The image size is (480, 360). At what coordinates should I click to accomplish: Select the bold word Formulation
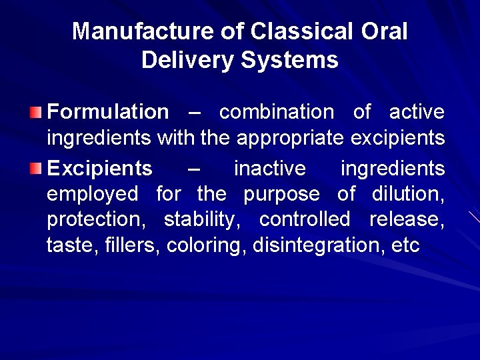coord(108,112)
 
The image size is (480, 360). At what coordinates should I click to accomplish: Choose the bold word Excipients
coord(99,169)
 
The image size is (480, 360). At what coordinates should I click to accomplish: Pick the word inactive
coord(269,169)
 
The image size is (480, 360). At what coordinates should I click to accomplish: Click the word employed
coord(93,195)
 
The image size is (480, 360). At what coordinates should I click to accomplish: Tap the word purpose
coord(281,195)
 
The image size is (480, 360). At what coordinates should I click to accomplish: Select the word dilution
coord(409,195)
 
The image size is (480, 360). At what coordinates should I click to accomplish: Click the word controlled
coord(304,219)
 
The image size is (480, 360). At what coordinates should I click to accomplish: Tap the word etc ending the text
coord(406,245)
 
